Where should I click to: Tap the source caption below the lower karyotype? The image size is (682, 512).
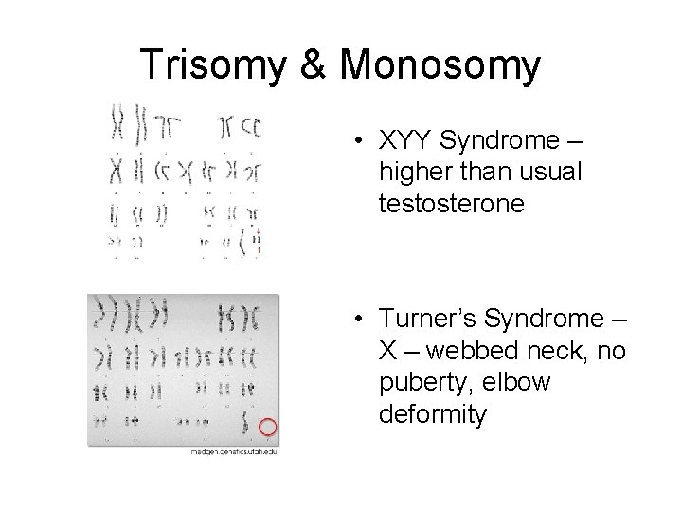click(233, 451)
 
